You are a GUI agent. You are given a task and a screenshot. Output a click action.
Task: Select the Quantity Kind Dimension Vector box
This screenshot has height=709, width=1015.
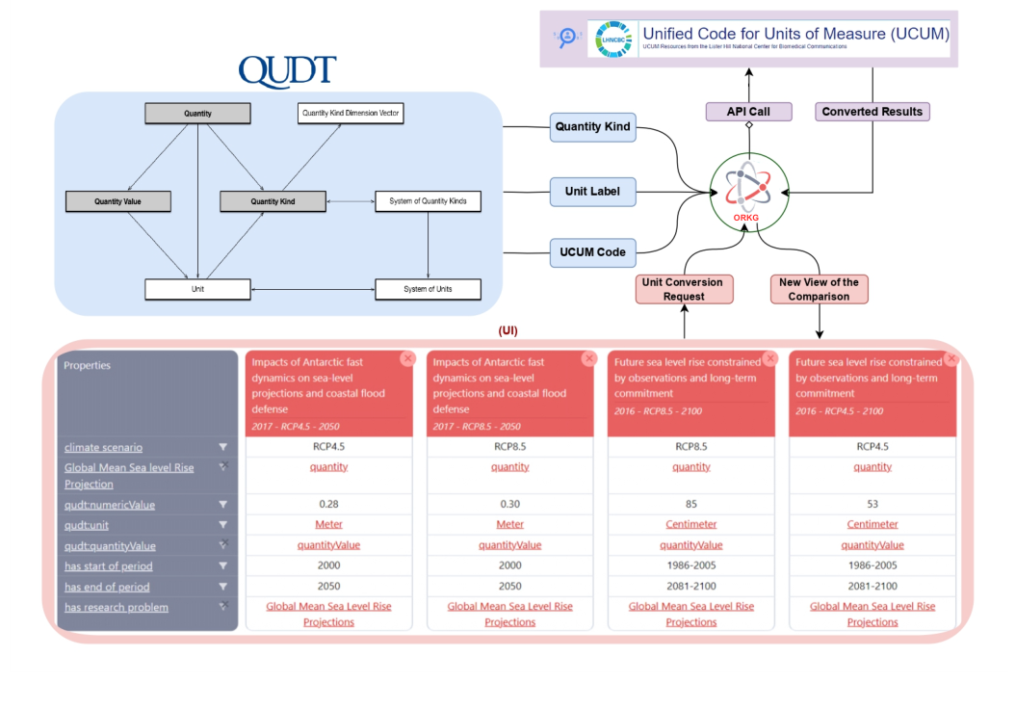[351, 114]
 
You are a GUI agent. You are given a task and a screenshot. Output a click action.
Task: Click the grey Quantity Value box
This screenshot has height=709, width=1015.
[117, 201]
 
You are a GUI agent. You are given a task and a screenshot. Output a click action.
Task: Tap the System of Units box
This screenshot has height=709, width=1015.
[428, 288]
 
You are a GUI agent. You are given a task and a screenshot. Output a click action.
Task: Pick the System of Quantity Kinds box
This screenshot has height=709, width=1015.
[428, 201]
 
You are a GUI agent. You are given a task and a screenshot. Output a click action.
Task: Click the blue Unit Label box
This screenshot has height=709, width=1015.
[592, 192]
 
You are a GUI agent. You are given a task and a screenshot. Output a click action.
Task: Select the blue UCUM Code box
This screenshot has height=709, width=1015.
[592, 252]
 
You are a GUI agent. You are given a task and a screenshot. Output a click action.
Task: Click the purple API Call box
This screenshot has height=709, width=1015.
[747, 112]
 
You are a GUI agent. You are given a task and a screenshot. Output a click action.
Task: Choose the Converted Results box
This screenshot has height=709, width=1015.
[872, 112]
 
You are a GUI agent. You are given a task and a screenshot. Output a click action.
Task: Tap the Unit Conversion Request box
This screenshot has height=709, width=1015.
[683, 289]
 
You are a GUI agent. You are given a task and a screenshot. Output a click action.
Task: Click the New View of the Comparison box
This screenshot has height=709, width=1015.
[820, 289]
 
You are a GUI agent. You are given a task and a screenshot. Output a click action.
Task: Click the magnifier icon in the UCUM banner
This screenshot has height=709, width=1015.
[566, 38]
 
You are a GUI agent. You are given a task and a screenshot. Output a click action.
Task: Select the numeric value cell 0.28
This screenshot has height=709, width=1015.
[328, 505]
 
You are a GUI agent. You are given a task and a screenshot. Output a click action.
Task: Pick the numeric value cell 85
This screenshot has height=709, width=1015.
[690, 505]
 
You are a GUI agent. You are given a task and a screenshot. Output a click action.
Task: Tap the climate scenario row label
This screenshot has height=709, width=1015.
[103, 447]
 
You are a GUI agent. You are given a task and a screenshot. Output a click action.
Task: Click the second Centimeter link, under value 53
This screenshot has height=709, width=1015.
[872, 525]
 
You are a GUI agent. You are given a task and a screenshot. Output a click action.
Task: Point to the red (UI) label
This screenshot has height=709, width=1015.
[507, 330]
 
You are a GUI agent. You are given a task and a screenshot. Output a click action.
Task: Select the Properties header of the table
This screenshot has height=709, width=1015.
[88, 366]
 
